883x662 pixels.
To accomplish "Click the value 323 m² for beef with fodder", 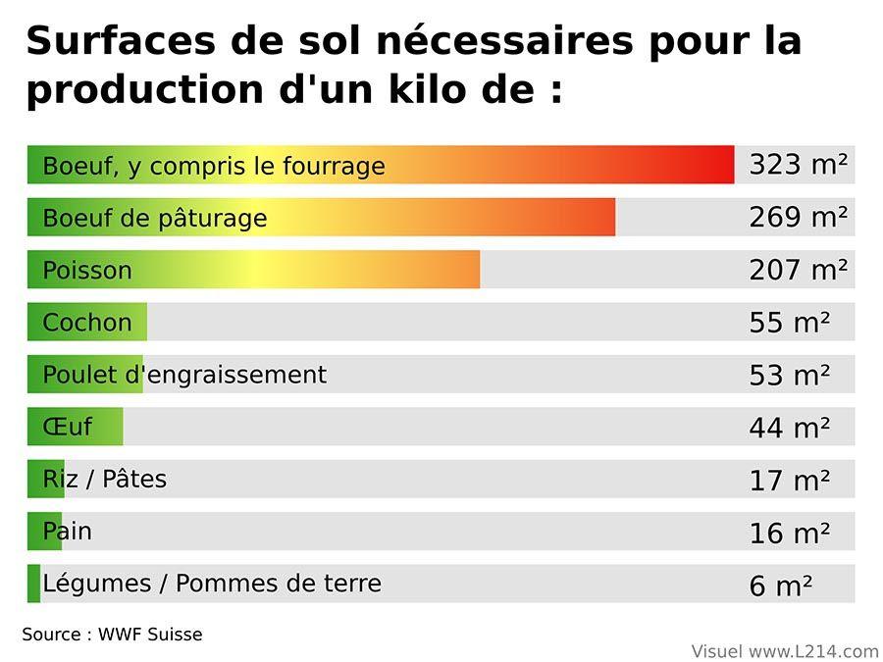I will (x=798, y=165).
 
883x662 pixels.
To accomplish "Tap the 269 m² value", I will (x=798, y=217).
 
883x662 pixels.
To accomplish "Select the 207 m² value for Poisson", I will (x=798, y=270).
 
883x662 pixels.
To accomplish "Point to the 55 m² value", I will (x=789, y=322).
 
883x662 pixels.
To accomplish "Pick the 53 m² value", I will (x=789, y=375).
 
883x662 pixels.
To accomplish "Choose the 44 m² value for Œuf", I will (x=789, y=428).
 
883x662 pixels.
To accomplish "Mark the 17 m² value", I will (x=789, y=480).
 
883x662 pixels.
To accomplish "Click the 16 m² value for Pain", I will (x=789, y=533).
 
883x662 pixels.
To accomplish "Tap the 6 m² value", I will (x=780, y=586).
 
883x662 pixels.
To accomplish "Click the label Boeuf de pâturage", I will (x=155, y=218).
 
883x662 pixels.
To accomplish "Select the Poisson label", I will (x=87, y=271).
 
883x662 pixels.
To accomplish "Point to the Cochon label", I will (x=87, y=323).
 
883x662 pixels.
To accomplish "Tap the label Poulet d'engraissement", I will (x=184, y=375).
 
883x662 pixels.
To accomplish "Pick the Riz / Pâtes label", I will (x=105, y=480).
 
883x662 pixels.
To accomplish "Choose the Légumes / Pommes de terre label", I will (x=212, y=584).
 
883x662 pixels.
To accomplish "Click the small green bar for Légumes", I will (x=34, y=584).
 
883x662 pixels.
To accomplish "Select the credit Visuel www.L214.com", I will (x=785, y=651).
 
